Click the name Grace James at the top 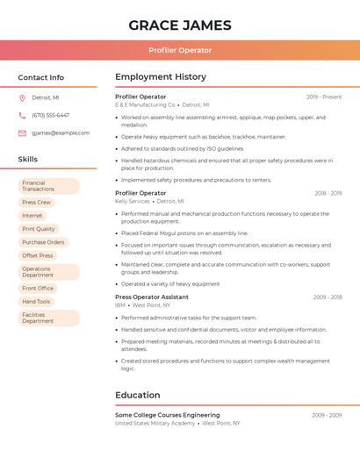click(x=180, y=25)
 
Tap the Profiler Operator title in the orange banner click(x=180, y=50)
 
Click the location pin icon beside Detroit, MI click(x=22, y=98)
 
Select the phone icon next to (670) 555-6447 click(x=22, y=116)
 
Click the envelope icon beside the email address click(x=22, y=133)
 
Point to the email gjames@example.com click(x=61, y=133)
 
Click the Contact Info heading click(x=40, y=77)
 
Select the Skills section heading click(x=28, y=160)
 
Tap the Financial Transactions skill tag click(x=40, y=186)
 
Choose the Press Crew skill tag click(x=37, y=203)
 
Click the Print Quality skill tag click(x=39, y=229)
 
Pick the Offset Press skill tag click(x=38, y=255)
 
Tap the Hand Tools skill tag click(x=37, y=301)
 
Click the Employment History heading click(x=161, y=77)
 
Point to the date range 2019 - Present click(x=324, y=97)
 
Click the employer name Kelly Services click(x=133, y=201)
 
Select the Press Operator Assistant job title click(x=152, y=297)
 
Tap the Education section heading click(x=138, y=396)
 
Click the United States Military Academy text click(x=155, y=423)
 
